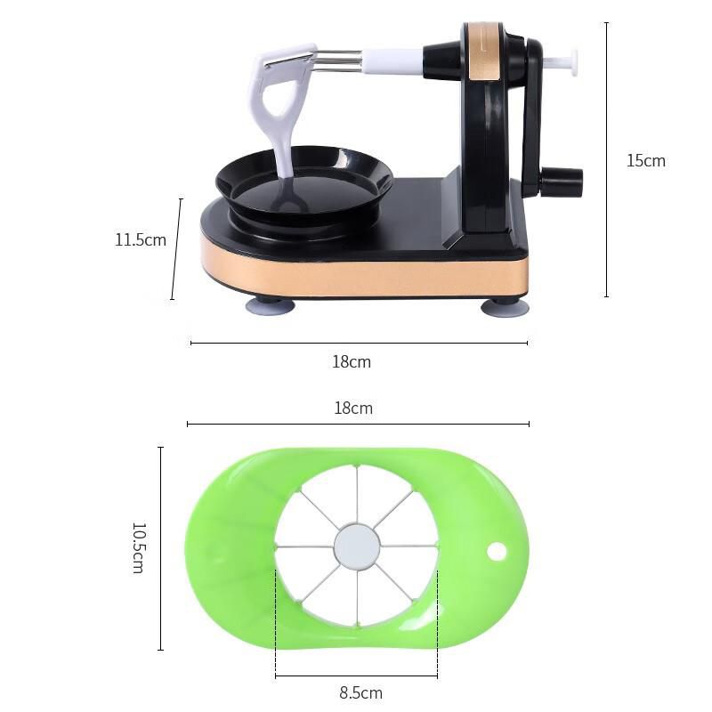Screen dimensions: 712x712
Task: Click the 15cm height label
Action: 646,161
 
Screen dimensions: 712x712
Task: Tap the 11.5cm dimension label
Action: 141,239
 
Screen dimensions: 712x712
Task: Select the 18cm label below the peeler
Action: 352,362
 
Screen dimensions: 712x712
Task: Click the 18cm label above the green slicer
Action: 353,409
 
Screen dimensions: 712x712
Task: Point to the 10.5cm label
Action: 139,547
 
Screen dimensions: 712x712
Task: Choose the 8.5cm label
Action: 361,693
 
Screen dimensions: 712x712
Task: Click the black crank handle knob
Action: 562,179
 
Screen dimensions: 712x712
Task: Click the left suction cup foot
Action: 271,305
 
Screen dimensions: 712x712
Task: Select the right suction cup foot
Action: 505,306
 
